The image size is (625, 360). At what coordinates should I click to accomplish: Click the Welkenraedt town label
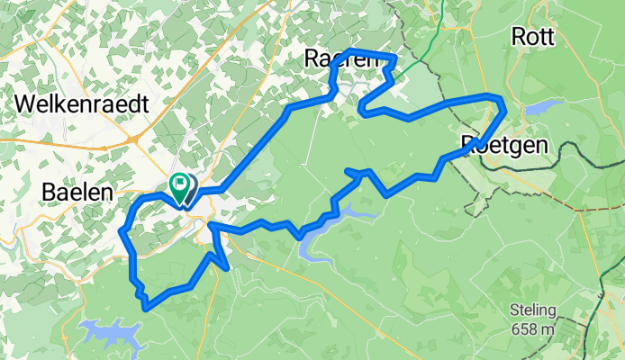point(82,104)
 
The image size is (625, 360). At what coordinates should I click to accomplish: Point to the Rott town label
point(533,37)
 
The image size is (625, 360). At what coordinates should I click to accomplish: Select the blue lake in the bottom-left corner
point(113,335)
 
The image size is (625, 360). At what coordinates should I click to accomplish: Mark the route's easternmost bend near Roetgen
point(503,111)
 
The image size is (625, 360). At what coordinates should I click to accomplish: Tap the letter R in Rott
point(518,37)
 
